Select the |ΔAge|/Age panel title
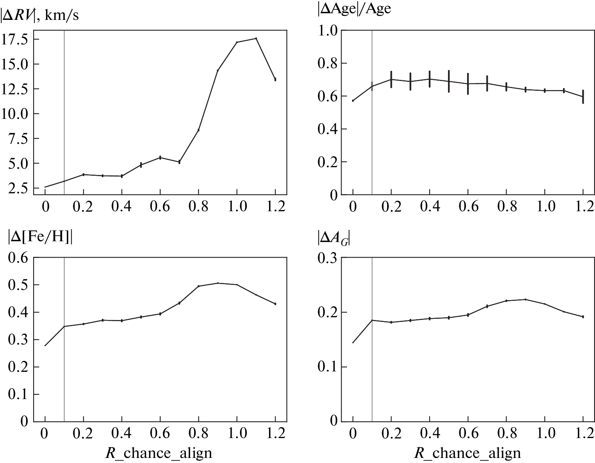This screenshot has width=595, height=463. [x=354, y=9]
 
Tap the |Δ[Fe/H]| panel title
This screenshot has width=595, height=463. [x=40, y=238]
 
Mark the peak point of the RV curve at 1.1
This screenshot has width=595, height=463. [x=256, y=38]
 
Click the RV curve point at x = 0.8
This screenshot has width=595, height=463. [x=198, y=130]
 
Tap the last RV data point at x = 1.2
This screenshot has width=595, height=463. [x=275, y=80]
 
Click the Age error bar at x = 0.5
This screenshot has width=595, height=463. [x=449, y=81]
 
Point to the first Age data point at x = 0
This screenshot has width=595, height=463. [x=353, y=101]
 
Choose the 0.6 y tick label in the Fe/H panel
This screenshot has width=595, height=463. [x=18, y=258]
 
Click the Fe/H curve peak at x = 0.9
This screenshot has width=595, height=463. [x=218, y=283]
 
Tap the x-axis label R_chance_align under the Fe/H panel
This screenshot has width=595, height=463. [x=159, y=453]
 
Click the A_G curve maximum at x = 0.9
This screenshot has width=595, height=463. [x=525, y=299]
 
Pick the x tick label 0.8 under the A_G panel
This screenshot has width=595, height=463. [x=506, y=433]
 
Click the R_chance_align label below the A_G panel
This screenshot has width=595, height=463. [x=467, y=453]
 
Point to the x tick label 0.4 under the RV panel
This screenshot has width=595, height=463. [x=122, y=206]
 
